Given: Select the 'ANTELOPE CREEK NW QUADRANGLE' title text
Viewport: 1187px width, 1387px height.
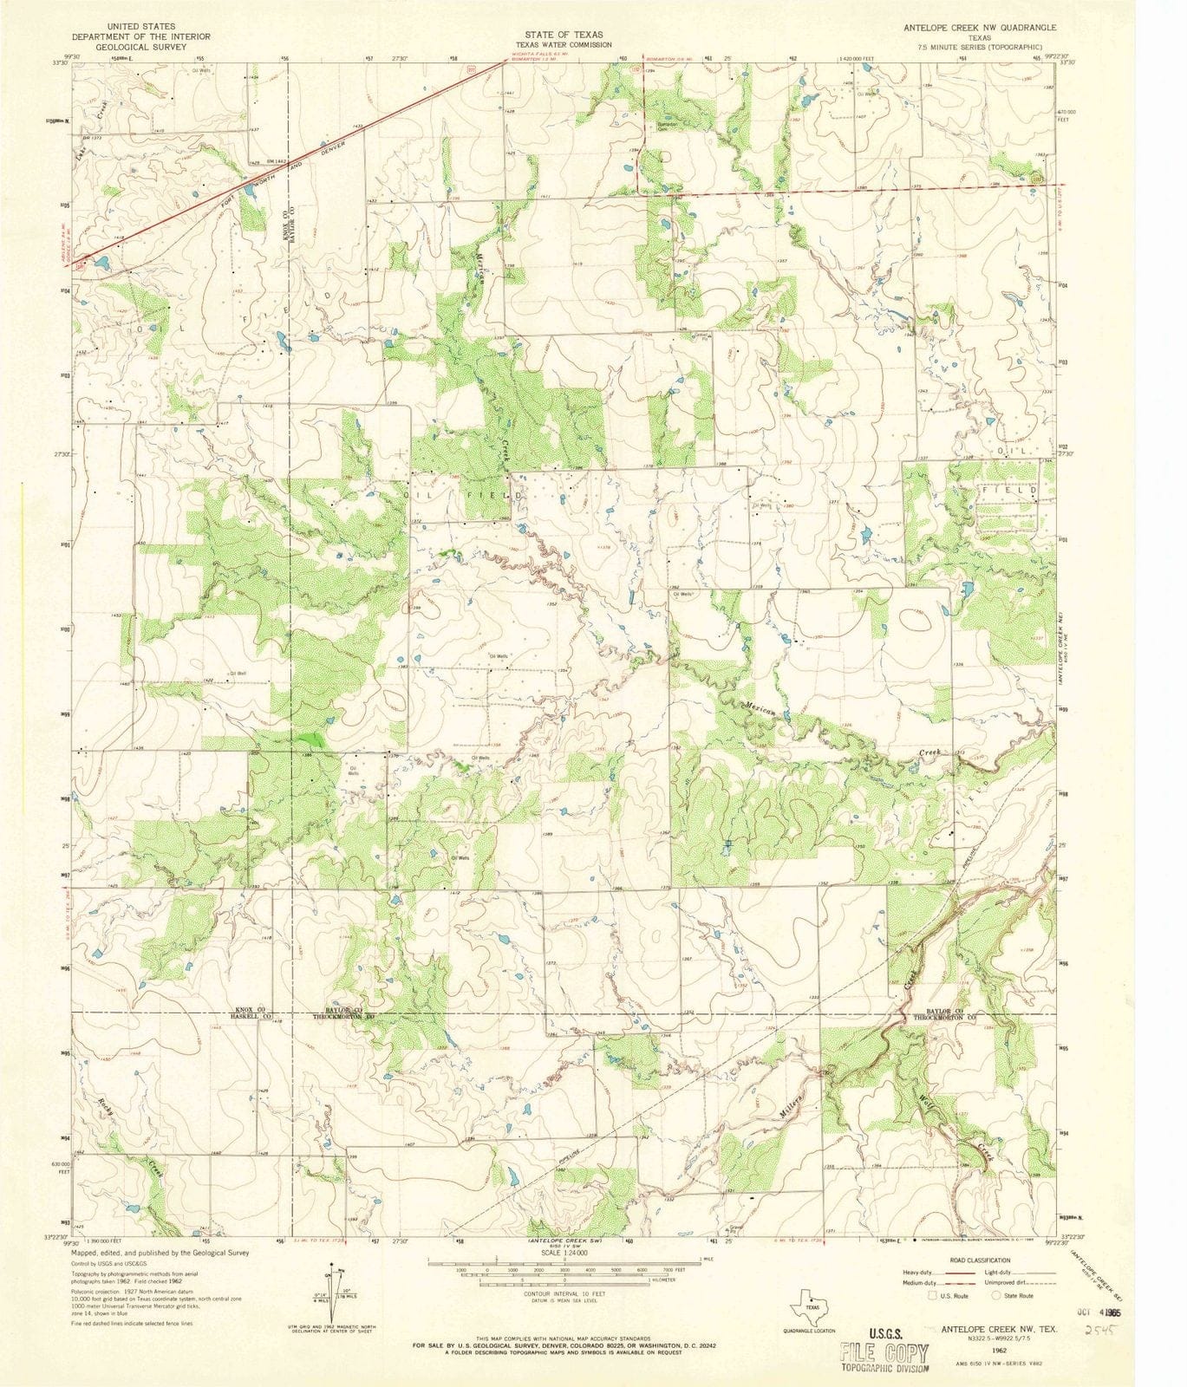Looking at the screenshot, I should click(980, 28).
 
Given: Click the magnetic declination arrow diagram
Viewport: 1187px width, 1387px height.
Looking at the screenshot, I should click(330, 1293).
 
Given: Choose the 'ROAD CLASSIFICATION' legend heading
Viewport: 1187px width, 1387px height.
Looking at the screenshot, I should click(980, 1260).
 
